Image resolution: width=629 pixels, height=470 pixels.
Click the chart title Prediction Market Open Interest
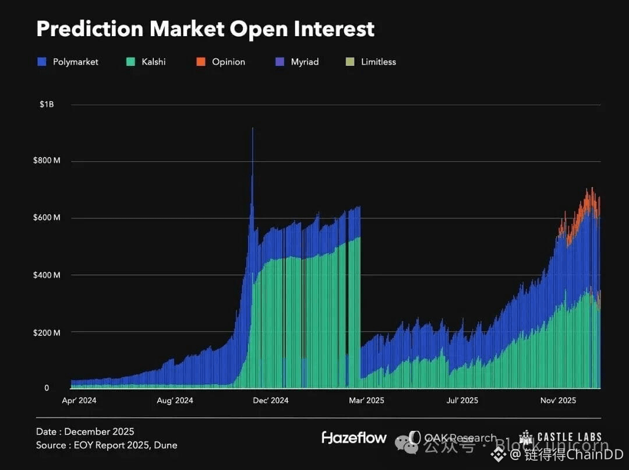point(205,29)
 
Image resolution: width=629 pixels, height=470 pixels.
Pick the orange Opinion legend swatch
point(201,62)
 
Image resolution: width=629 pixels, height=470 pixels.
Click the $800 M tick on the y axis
point(47,161)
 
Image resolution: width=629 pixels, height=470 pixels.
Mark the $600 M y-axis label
point(47,218)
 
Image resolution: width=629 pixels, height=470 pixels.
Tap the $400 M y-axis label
point(47,275)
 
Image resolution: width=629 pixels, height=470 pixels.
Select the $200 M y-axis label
point(47,332)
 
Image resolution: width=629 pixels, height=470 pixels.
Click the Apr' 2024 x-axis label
point(79,401)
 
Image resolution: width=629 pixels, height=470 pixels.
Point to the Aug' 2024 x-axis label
point(175,401)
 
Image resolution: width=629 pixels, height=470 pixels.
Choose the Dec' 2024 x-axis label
point(271,401)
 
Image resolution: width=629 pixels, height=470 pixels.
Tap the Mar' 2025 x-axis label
point(366,401)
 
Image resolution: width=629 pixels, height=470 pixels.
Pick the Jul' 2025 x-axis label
point(462,401)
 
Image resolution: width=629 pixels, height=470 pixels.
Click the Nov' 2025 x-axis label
point(558,401)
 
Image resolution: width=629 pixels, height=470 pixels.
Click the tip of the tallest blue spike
point(252,128)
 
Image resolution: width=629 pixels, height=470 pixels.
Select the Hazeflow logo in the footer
point(354,437)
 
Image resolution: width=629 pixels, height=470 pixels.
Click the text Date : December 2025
point(85,432)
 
